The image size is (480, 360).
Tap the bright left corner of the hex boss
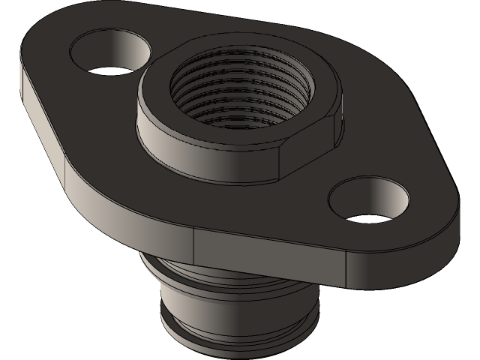point(142,131)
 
